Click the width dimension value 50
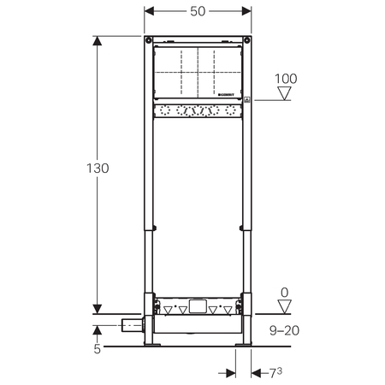click(197, 11)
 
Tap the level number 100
click(287, 80)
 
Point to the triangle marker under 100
click(287, 93)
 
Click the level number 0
click(286, 293)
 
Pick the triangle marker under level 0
click(286, 306)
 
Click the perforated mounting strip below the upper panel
click(198, 111)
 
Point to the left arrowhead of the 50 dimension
click(147, 11)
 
